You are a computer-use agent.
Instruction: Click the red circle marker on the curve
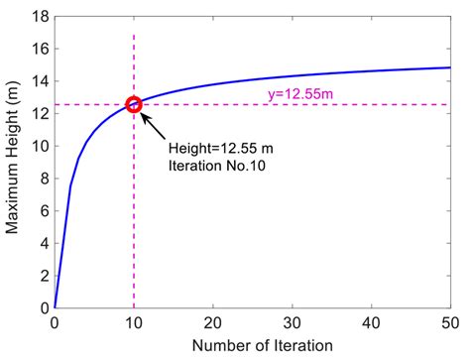pyautogui.click(x=134, y=104)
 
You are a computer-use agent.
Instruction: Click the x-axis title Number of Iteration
pyautogui.click(x=252, y=346)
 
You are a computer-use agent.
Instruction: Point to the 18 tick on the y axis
pyautogui.click(x=39, y=17)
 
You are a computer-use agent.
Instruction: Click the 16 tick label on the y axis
pyautogui.click(x=39, y=50)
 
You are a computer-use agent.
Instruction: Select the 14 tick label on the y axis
pyautogui.click(x=39, y=81)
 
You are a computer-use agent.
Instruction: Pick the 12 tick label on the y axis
pyautogui.click(x=39, y=114)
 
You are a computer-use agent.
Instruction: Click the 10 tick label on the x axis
pyautogui.click(x=134, y=322)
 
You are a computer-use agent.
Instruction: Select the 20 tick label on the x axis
pyautogui.click(x=212, y=322)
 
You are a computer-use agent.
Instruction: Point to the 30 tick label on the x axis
pyautogui.click(x=292, y=322)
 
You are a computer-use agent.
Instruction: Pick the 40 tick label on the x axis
pyautogui.click(x=371, y=322)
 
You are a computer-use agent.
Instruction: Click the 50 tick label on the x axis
pyautogui.click(x=449, y=322)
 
